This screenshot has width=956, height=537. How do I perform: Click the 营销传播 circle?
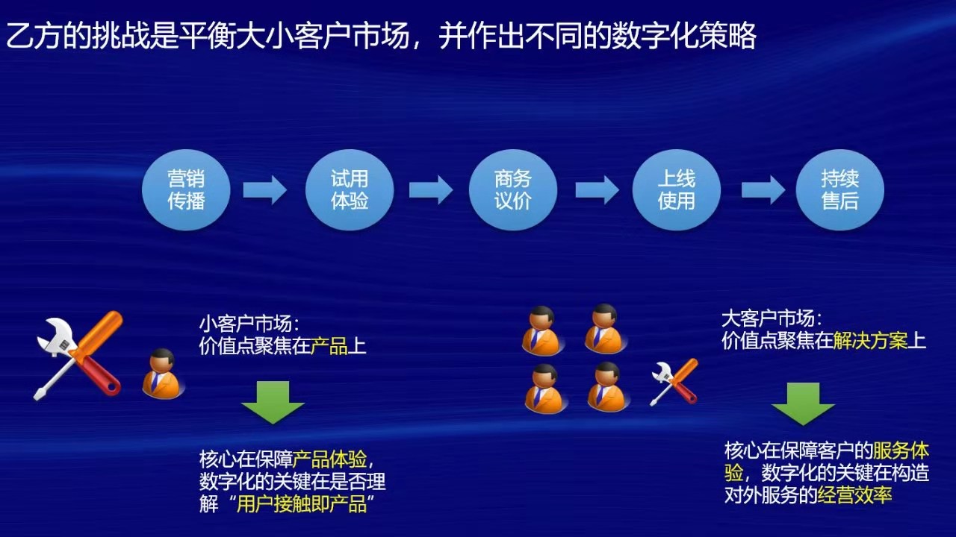click(x=186, y=190)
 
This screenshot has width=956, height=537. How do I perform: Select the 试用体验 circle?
click(x=350, y=190)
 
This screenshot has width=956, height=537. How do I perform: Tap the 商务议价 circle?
click(x=513, y=190)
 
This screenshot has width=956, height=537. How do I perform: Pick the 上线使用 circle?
click(x=677, y=190)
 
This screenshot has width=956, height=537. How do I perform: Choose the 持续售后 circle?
click(x=840, y=190)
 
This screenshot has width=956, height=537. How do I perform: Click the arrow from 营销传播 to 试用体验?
click(x=265, y=190)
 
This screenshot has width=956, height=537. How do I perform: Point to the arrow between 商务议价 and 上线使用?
click(x=597, y=190)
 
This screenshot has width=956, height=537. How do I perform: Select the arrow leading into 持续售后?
click(x=763, y=190)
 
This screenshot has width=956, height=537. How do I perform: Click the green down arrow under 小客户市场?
click(x=273, y=402)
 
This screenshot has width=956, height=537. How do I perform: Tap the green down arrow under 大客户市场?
click(x=803, y=404)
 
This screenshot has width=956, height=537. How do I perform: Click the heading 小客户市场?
click(x=249, y=324)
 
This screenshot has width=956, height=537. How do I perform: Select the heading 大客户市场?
click(x=772, y=318)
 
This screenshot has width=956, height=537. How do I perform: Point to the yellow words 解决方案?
click(x=870, y=341)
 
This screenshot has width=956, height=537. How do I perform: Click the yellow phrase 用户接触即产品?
click(x=301, y=504)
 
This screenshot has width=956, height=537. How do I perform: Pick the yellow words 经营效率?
click(x=854, y=495)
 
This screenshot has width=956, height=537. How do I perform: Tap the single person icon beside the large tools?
click(x=163, y=374)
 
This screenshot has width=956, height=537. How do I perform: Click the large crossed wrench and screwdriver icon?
click(x=78, y=356)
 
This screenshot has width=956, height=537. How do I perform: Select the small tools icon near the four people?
click(x=674, y=382)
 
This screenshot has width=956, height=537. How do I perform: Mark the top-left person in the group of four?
click(x=542, y=330)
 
